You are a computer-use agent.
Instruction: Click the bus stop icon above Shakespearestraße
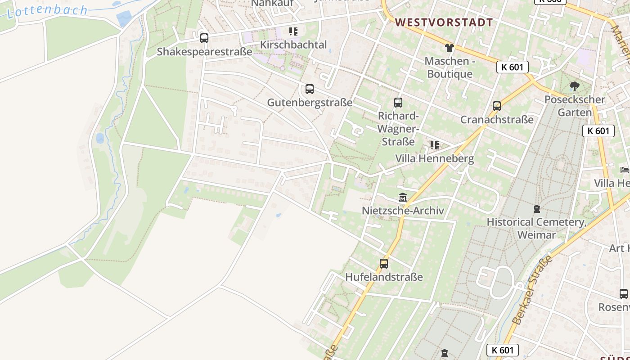click(x=204, y=38)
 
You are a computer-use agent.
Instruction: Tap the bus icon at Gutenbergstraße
click(x=310, y=89)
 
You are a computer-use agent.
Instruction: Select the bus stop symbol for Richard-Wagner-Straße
click(x=398, y=103)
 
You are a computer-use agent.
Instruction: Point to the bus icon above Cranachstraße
click(x=497, y=106)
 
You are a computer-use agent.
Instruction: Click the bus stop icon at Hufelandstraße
click(x=384, y=264)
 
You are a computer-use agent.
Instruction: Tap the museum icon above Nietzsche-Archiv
click(x=403, y=198)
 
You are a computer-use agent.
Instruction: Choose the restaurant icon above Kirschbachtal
click(x=293, y=31)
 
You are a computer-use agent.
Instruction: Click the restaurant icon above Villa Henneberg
click(x=434, y=145)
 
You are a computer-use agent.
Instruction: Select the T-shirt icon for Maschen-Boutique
click(x=449, y=48)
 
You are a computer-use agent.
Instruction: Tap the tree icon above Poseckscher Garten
click(x=574, y=86)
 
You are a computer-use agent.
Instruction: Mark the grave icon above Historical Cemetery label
click(x=536, y=209)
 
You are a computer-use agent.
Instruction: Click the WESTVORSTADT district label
click(x=444, y=22)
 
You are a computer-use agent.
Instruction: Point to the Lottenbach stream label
click(x=47, y=11)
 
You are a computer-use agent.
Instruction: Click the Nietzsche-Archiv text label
click(x=403, y=211)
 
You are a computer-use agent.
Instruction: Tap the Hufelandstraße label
click(x=384, y=277)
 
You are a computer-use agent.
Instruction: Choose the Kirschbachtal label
click(x=293, y=45)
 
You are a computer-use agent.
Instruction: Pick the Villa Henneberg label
click(x=434, y=158)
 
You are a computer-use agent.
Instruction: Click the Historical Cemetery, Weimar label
click(x=536, y=228)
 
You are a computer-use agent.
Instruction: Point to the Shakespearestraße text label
click(x=204, y=52)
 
